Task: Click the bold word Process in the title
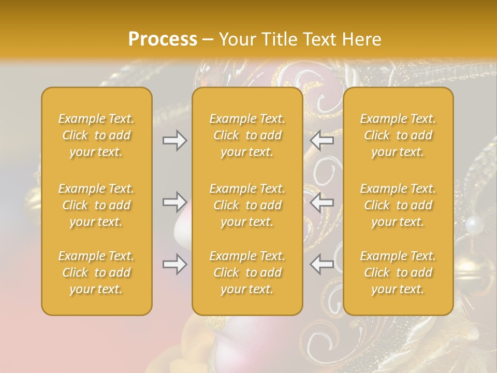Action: pos(163,39)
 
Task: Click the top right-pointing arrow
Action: pos(175,140)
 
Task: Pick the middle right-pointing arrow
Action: pos(175,202)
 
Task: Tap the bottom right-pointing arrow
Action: pos(175,264)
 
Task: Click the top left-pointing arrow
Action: pos(322,140)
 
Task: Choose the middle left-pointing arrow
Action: pos(322,202)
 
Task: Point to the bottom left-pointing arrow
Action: pos(322,264)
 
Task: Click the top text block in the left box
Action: pos(96,135)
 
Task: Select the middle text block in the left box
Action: pos(96,205)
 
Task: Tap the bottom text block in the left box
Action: pos(96,272)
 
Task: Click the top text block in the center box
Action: pos(247,135)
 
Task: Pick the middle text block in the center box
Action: pos(247,205)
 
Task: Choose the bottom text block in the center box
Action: pos(247,272)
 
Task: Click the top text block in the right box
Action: pos(398,135)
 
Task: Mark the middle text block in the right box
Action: pos(398,205)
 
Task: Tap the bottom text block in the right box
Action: pos(398,272)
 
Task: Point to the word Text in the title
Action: pos(317,39)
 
